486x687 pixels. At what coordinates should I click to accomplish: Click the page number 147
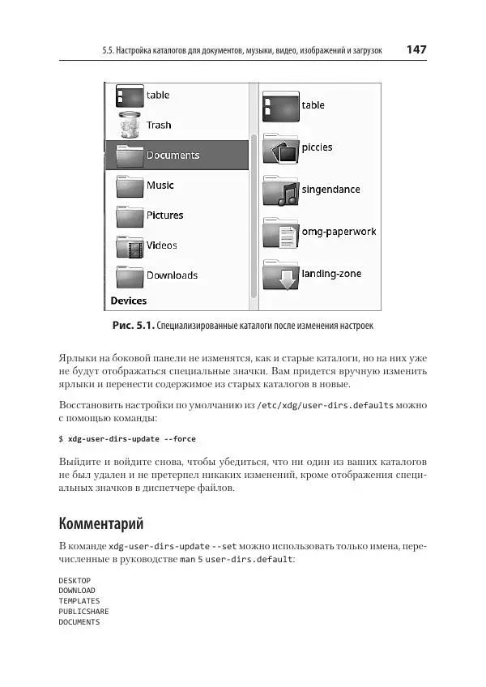pos(416,49)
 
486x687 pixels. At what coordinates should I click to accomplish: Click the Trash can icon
pos(130,126)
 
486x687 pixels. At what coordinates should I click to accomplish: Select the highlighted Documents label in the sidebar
pos(173,156)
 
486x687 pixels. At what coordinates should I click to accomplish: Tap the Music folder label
pos(160,186)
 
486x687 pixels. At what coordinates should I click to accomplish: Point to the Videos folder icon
pos(130,245)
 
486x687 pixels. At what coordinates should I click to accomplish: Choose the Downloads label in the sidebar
pos(172,275)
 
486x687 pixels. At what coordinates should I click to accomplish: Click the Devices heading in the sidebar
pos(129,301)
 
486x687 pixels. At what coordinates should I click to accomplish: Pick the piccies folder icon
pos(281,148)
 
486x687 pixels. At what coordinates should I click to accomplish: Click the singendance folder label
pos(330,190)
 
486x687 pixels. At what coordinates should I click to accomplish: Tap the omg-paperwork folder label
pos(339,232)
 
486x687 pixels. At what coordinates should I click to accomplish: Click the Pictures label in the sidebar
pos(164,215)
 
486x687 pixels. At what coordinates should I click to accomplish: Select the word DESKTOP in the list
pos(75,581)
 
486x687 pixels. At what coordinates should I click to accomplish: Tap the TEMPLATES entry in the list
pos(79,601)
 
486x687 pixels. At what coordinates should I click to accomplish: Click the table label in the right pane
pos(313,105)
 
